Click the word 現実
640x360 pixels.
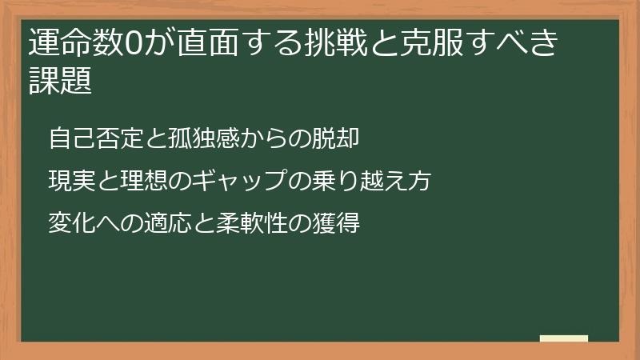click(x=71, y=181)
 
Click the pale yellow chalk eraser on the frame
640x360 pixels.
click(x=564, y=338)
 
